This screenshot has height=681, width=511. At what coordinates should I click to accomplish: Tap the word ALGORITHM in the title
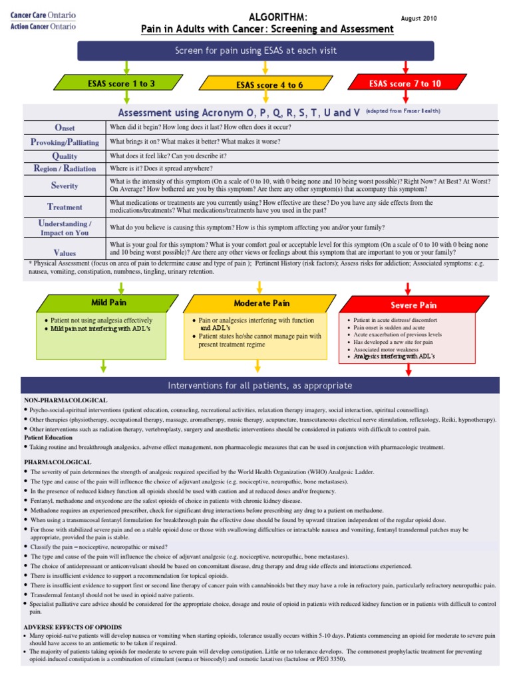point(268,17)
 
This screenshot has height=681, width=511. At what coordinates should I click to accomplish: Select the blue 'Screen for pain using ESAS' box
point(255,51)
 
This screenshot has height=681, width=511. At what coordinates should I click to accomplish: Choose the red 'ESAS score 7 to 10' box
point(405,83)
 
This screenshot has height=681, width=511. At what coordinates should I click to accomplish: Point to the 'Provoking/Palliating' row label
point(65,142)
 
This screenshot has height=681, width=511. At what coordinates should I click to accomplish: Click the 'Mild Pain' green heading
point(109,303)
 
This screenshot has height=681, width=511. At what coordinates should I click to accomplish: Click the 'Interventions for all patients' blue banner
point(259,386)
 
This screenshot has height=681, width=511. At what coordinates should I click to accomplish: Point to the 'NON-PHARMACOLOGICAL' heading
point(66,400)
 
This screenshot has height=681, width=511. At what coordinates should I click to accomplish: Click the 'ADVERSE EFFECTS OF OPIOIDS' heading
point(73,627)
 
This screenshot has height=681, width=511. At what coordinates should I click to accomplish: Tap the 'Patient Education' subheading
point(49,438)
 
